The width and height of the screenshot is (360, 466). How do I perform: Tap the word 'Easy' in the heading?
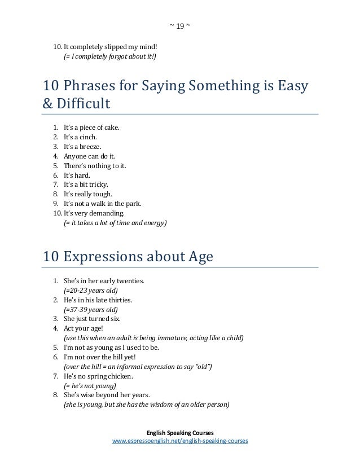point(293,86)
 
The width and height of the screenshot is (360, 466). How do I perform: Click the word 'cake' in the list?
point(111,128)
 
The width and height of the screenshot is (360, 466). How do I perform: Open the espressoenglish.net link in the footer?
point(180,440)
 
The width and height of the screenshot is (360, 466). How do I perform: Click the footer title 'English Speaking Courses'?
point(180,430)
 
